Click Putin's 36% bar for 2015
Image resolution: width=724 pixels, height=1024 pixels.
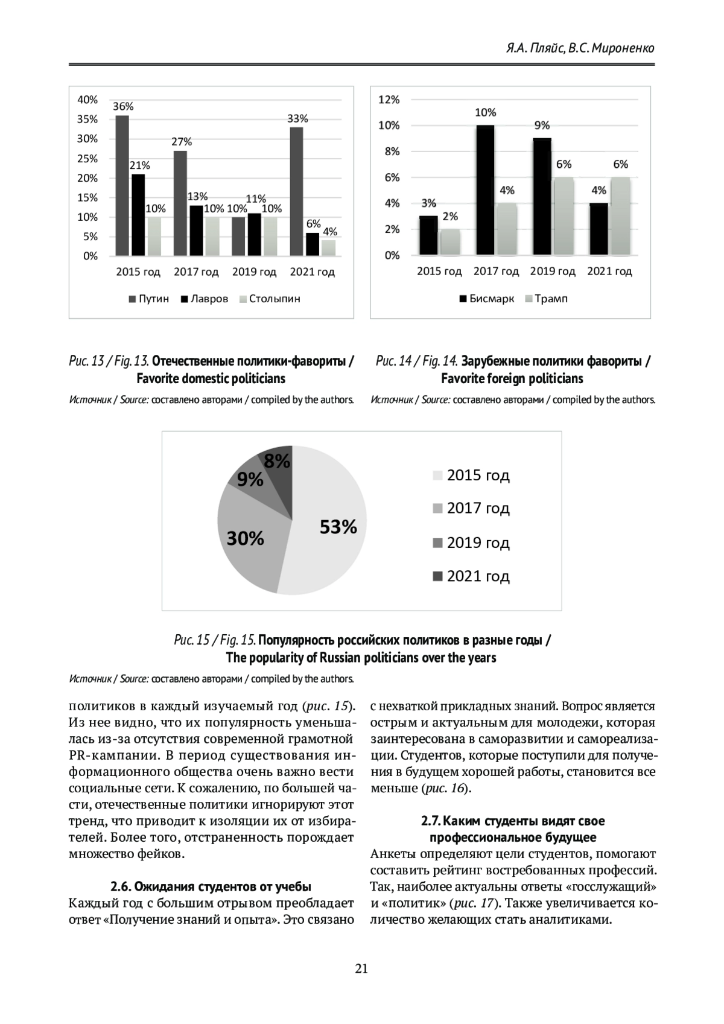[122, 186]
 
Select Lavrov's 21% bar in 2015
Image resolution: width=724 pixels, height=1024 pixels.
[139, 215]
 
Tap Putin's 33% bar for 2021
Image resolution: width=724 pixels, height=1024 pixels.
[296, 191]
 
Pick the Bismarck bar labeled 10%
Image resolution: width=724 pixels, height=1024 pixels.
[484, 190]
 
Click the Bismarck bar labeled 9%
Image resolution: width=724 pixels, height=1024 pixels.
[542, 197]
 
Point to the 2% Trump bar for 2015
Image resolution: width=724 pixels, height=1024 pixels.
[450, 242]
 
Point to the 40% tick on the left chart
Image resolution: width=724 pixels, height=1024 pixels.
[87, 100]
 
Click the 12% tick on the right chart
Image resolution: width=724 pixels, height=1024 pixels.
[389, 100]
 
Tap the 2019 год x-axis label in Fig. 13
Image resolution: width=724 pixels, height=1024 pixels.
[254, 272]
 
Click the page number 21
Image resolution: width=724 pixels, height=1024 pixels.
[361, 969]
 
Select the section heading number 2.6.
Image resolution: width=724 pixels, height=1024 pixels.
[121, 886]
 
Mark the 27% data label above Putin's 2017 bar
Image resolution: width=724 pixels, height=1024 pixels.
[182, 142]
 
